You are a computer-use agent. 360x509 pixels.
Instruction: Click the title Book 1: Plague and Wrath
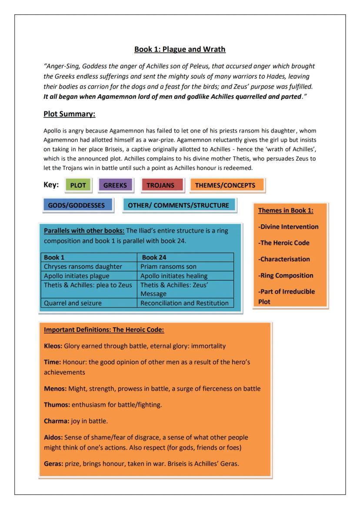(180, 49)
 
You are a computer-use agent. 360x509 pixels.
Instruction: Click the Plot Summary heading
(69, 114)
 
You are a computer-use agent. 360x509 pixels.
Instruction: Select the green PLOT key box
(78, 185)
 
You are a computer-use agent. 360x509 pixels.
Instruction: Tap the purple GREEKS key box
(115, 185)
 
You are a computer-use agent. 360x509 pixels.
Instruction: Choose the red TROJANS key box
(160, 185)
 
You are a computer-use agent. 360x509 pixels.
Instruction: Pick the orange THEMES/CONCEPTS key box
(225, 185)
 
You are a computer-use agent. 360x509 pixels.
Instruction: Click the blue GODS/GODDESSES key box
(76, 205)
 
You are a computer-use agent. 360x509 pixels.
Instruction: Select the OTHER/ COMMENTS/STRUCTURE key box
(178, 205)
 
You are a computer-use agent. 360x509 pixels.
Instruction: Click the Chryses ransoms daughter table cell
(83, 266)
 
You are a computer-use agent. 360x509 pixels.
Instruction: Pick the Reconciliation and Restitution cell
(184, 303)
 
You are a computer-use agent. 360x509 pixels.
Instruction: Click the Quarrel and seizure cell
(73, 303)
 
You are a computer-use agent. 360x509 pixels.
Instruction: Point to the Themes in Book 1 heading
(286, 210)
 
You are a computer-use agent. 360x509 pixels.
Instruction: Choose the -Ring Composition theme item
(286, 275)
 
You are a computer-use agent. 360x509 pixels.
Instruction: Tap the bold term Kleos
(53, 346)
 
